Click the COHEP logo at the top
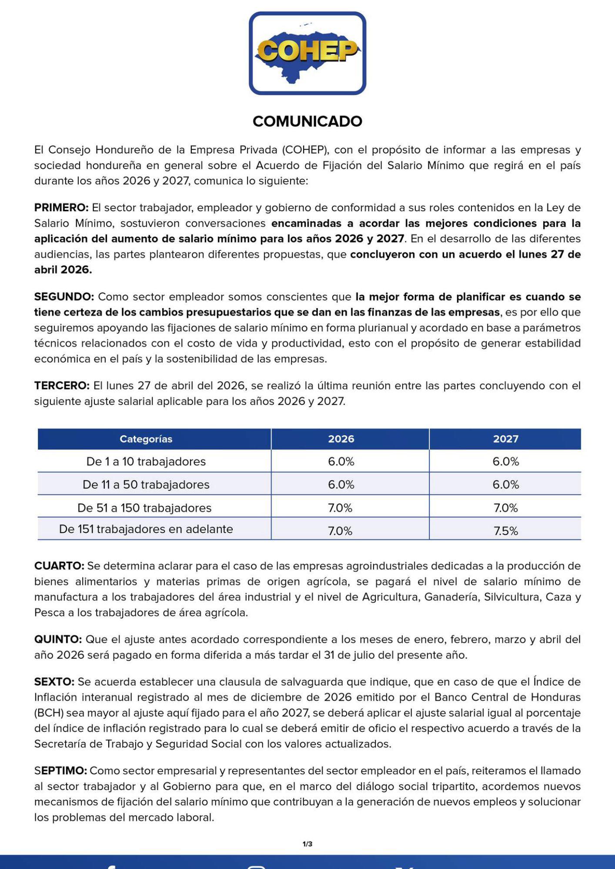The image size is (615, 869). (x=307, y=53)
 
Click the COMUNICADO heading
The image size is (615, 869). (x=307, y=121)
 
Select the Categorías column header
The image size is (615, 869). (x=146, y=439)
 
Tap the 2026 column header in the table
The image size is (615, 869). (x=341, y=439)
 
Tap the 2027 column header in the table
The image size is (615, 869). (x=505, y=439)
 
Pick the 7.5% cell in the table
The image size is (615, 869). (x=505, y=531)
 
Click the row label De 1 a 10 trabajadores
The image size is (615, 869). (x=146, y=461)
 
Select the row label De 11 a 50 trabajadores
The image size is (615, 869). (x=146, y=484)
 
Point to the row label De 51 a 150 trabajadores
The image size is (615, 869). (x=144, y=508)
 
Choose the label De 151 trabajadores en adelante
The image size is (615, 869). (x=146, y=529)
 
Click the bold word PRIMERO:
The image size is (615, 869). (x=61, y=208)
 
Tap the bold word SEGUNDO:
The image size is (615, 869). (x=64, y=297)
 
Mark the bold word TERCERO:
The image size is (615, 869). (x=62, y=385)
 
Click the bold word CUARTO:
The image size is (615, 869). (x=59, y=566)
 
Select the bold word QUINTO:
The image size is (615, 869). (x=58, y=639)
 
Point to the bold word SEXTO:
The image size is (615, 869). (x=54, y=682)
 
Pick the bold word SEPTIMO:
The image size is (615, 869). (x=60, y=770)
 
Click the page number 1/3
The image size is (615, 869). (x=307, y=844)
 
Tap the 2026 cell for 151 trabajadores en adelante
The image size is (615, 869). (x=340, y=531)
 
